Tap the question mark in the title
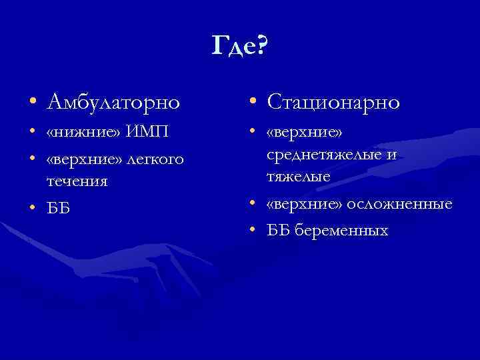[261, 46]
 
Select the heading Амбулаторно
[113, 102]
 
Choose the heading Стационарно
[333, 102]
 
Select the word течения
[77, 180]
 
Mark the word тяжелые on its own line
[298, 176]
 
